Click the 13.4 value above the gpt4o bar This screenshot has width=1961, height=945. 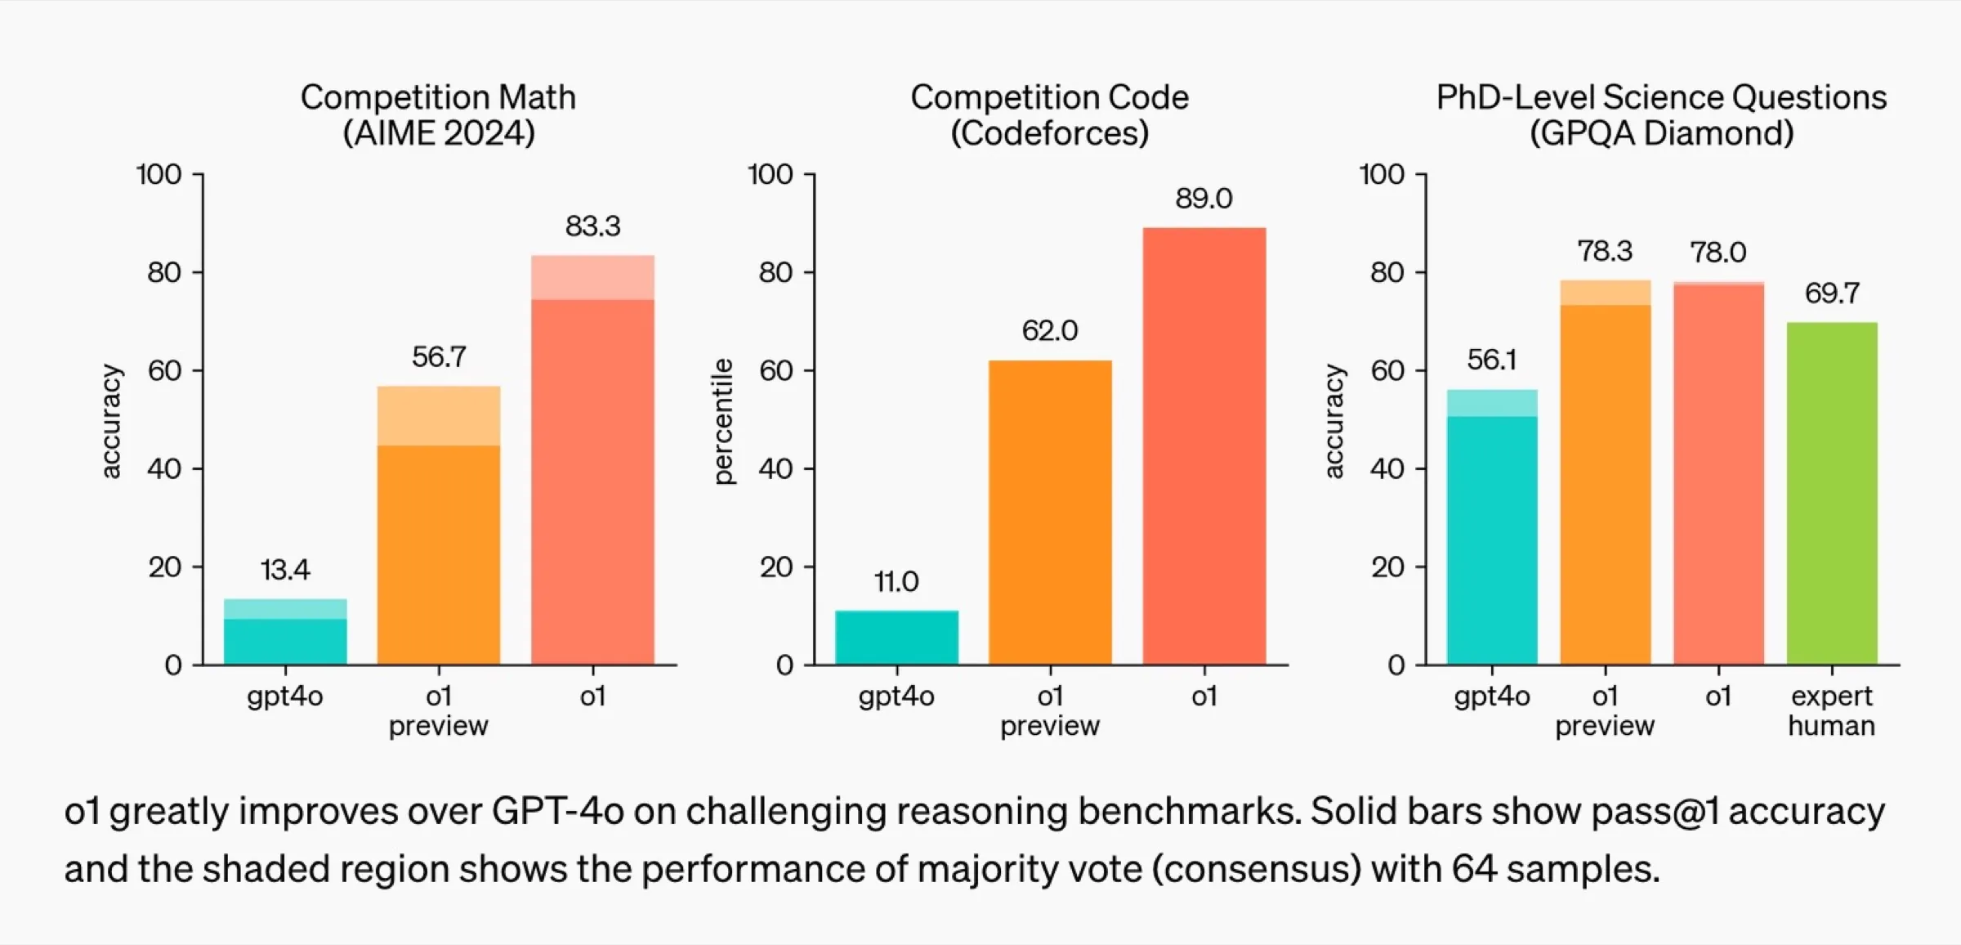click(285, 570)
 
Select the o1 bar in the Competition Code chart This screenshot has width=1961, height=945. click(1204, 446)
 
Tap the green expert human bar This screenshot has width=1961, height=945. click(1832, 493)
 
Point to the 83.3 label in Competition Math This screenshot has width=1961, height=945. click(592, 226)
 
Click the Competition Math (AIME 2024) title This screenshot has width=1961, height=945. click(439, 115)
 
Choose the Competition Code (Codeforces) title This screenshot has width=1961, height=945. click(1050, 115)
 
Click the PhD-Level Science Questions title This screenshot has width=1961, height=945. click(1661, 115)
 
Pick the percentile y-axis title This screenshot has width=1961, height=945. click(724, 422)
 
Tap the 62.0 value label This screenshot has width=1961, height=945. click(1050, 331)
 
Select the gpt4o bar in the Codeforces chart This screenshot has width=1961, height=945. click(896, 637)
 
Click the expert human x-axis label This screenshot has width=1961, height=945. click(1831, 710)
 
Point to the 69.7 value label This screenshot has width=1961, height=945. click(1832, 293)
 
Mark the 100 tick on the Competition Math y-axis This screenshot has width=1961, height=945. click(159, 175)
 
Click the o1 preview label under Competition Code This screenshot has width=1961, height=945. click(1050, 710)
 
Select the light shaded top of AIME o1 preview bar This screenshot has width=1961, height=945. click(439, 415)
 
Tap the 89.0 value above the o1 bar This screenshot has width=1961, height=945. click(1204, 199)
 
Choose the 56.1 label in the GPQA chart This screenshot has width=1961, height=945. click(1492, 360)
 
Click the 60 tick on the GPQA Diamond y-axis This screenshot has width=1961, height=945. click(1387, 371)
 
